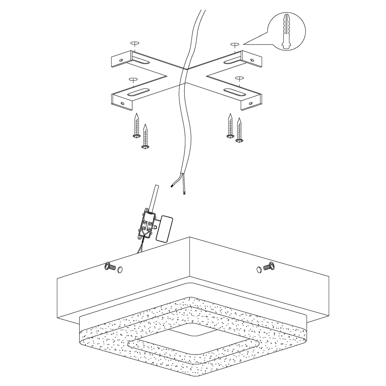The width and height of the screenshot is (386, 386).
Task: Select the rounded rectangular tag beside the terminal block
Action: pyautogui.click(x=164, y=228)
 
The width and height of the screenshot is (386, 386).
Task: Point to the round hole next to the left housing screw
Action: pyautogui.click(x=120, y=270)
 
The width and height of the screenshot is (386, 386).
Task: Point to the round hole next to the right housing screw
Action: pyautogui.click(x=259, y=269)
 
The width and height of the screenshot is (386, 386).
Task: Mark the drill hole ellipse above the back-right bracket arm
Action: pyautogui.click(x=235, y=44)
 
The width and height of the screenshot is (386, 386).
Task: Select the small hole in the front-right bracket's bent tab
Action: pyautogui.click(x=251, y=103)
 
